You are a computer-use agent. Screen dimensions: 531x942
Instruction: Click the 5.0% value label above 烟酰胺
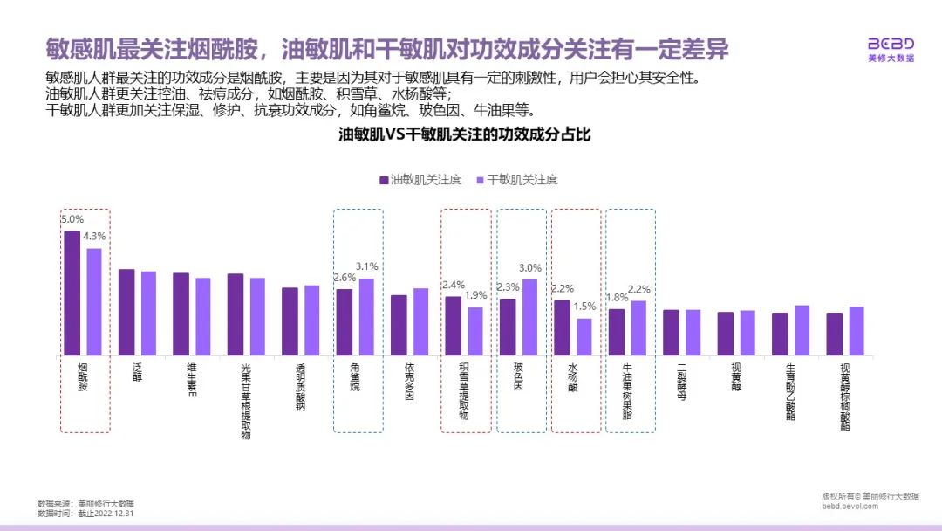tap(72, 220)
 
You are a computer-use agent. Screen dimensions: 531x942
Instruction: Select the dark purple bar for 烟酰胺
tap(72, 293)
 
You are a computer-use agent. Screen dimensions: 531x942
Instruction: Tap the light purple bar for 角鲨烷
tap(366, 316)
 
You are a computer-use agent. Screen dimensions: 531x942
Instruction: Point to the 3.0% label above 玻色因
tap(530, 269)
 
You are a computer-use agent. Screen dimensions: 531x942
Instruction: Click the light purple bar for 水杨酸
tap(584, 336)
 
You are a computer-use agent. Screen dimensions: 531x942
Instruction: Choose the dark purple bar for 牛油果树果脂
tap(617, 332)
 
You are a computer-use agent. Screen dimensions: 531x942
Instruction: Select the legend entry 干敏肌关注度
tap(517, 180)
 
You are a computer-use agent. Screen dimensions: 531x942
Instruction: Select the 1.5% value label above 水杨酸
tap(584, 307)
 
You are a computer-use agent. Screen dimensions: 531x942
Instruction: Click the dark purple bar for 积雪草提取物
tap(454, 325)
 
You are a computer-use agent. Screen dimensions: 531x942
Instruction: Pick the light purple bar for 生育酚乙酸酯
tap(802, 329)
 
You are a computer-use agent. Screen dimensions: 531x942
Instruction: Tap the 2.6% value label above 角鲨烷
tap(345, 278)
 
